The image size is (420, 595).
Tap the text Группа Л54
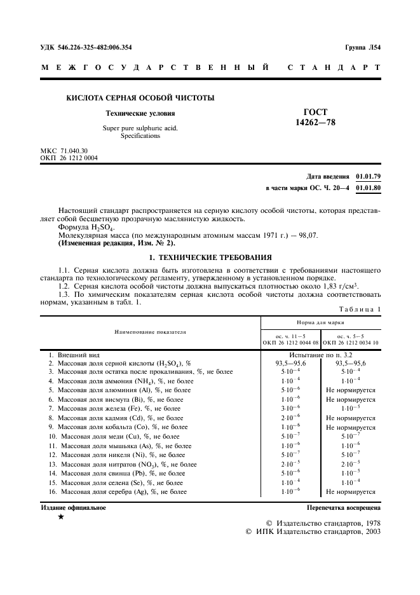click(x=362, y=47)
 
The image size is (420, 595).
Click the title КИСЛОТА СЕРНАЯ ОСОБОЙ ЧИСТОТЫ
click(x=140, y=98)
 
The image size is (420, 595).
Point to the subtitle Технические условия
click(x=140, y=114)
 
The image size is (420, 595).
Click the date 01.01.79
click(x=369, y=175)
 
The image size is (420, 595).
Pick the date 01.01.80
click(x=369, y=188)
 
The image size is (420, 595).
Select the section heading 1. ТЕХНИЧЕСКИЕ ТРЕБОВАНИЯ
click(x=210, y=257)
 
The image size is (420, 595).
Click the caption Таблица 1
click(x=360, y=309)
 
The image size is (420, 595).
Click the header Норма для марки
click(x=321, y=322)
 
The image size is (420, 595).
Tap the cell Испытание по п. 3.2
click(x=321, y=353)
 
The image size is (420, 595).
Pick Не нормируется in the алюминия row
click(x=351, y=390)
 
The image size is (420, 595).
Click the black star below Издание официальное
click(x=60, y=517)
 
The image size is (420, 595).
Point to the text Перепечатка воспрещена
click(x=344, y=508)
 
